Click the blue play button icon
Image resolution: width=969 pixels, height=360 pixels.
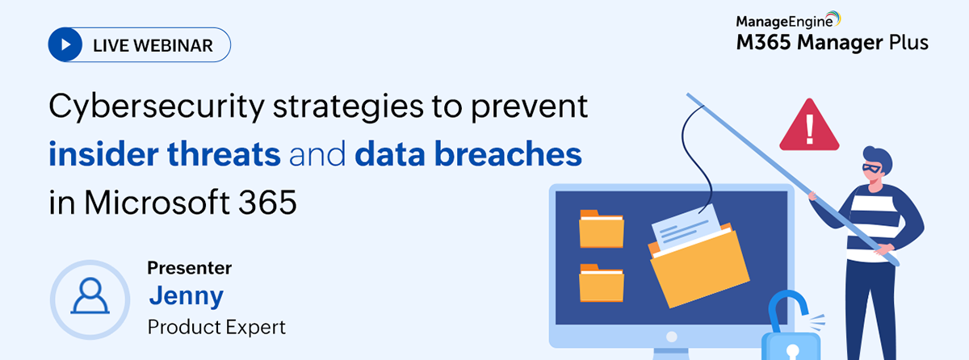click(x=65, y=44)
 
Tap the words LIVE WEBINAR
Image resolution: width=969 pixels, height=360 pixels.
click(x=153, y=45)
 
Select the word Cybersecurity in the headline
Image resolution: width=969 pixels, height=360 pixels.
click(x=157, y=107)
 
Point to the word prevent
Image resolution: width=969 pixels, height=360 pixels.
click(x=529, y=107)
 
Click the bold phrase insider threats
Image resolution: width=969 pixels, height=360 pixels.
click(x=165, y=154)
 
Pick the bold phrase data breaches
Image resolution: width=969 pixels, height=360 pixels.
click(x=468, y=154)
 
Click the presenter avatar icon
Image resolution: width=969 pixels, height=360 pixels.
click(x=90, y=299)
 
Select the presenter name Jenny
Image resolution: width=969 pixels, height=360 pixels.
click(x=187, y=296)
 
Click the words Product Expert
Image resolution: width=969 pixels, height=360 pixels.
click(x=216, y=327)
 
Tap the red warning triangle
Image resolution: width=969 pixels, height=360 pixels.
click(x=809, y=125)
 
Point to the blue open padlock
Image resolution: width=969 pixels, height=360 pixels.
click(x=790, y=329)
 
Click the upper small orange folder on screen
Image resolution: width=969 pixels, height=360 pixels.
click(x=602, y=228)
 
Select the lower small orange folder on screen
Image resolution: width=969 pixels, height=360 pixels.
click(x=602, y=283)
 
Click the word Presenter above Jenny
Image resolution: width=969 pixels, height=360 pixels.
click(x=190, y=268)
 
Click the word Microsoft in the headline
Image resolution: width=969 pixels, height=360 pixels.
click(x=157, y=202)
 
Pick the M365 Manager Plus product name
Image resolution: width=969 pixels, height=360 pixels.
click(x=833, y=42)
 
